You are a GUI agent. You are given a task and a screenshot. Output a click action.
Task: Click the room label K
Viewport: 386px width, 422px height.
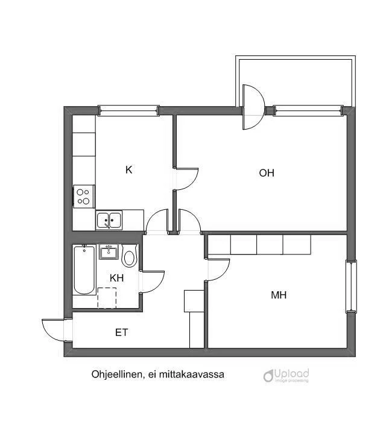[x=128, y=170]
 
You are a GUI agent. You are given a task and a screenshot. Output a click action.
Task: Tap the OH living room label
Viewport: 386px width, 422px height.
[x=267, y=173]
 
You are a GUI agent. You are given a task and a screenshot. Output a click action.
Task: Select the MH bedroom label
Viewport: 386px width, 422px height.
[x=278, y=295]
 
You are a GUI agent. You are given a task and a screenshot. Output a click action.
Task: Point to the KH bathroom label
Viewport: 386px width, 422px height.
[x=116, y=278]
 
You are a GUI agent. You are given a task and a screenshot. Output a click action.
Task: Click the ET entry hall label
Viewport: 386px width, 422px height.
[x=121, y=332]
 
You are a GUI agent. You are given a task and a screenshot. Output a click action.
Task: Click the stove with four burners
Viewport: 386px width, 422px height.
[x=84, y=196]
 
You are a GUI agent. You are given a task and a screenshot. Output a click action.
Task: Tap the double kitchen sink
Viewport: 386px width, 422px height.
[x=109, y=220]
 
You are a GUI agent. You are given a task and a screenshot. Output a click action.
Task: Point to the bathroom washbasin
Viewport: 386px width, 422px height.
[x=109, y=251]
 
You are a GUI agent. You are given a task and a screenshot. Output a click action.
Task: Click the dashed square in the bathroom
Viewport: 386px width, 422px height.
[x=106, y=297]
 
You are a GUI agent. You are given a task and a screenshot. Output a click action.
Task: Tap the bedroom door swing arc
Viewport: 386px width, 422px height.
[x=219, y=269]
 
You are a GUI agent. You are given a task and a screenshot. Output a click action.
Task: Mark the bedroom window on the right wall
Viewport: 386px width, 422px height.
[x=351, y=286]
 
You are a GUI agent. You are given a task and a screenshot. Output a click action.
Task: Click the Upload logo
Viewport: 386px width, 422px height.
[x=286, y=376]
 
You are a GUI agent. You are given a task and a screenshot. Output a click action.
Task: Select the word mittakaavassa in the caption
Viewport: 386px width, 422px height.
[x=196, y=374]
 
